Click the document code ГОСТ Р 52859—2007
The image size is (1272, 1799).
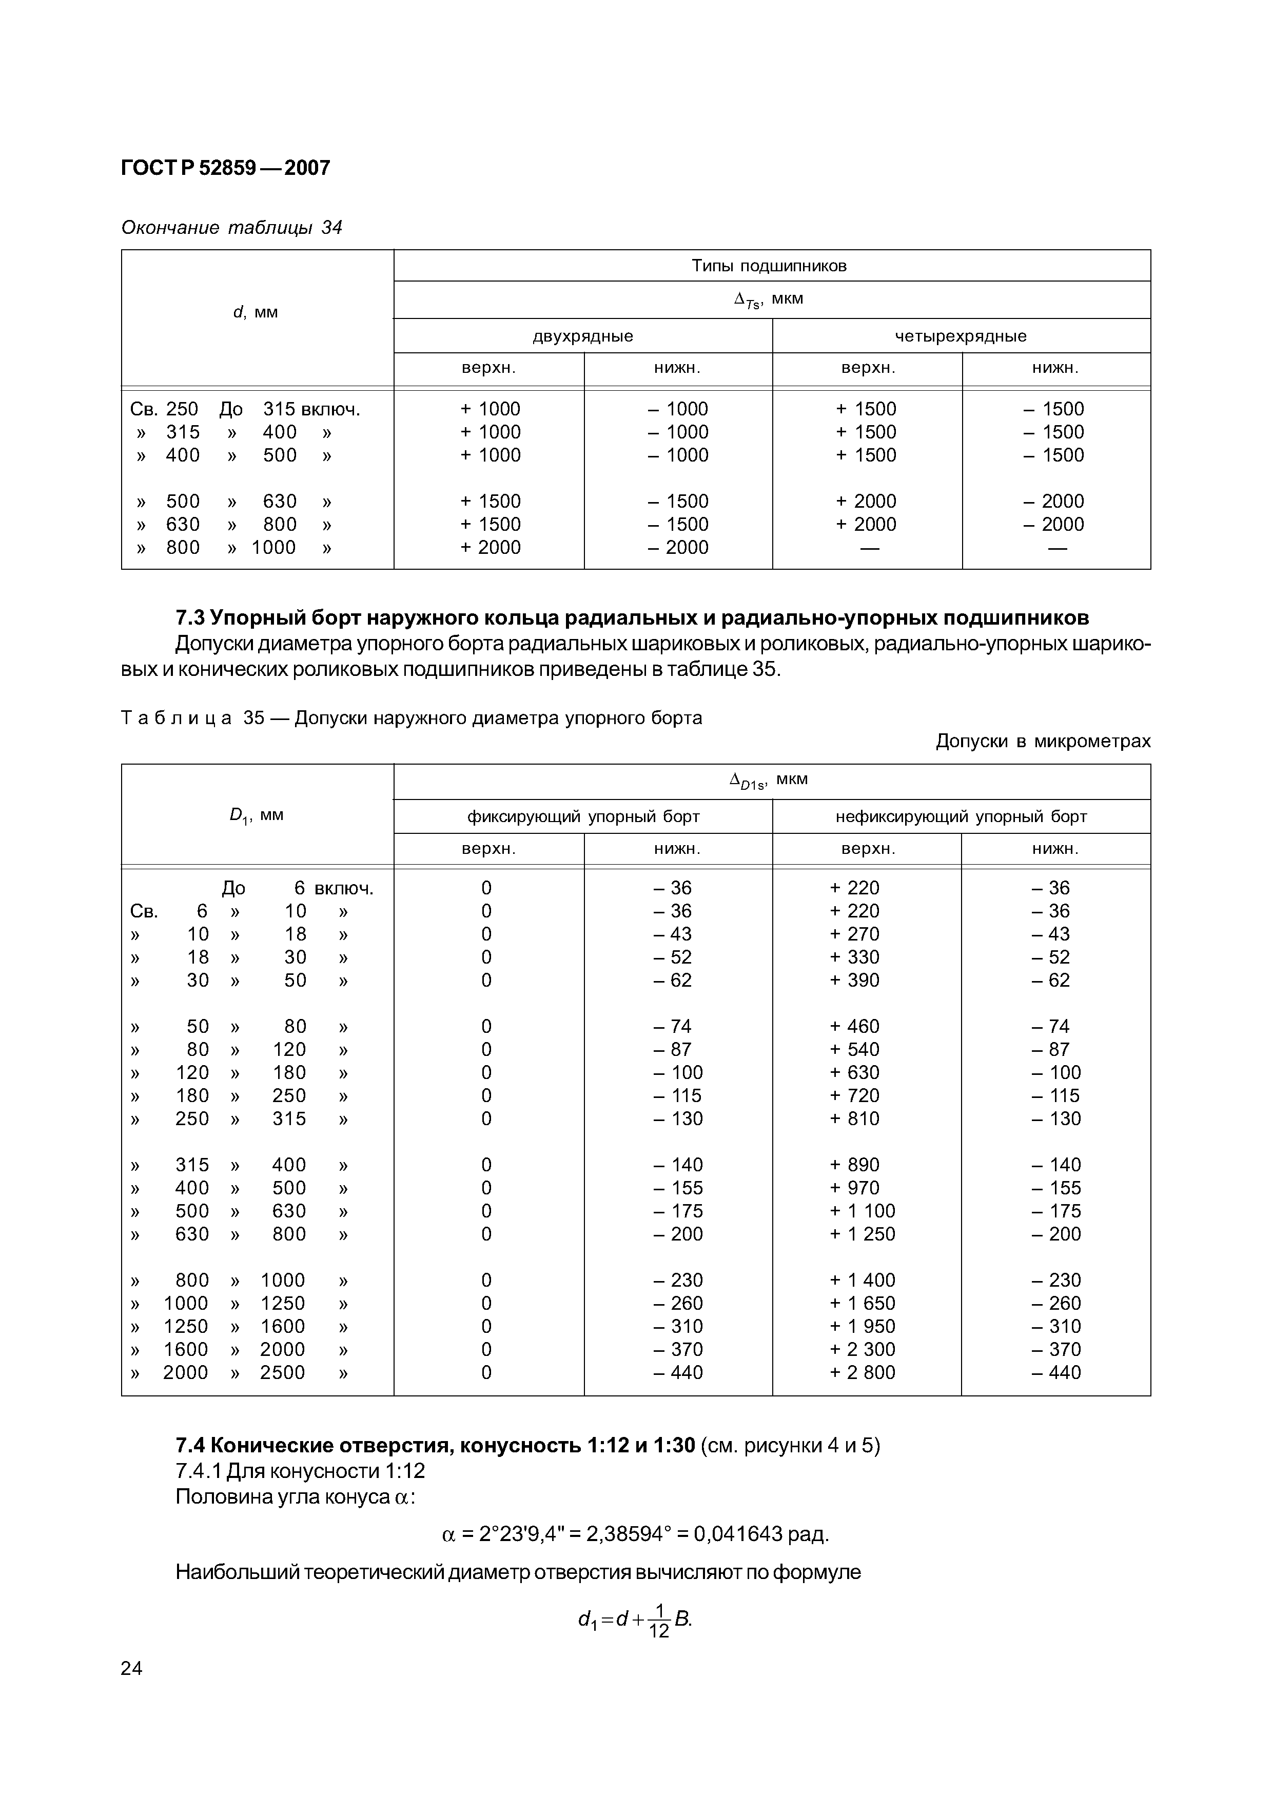pyautogui.click(x=226, y=168)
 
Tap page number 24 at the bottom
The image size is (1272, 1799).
pyautogui.click(x=132, y=1690)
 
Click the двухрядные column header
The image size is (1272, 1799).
pyautogui.click(x=582, y=336)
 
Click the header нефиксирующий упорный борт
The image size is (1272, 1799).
pyautogui.click(x=961, y=816)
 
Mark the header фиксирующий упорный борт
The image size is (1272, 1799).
pyautogui.click(x=583, y=816)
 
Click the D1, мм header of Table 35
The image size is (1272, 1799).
pyautogui.click(x=256, y=815)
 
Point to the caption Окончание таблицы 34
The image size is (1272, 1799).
pyautogui.click(x=231, y=227)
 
